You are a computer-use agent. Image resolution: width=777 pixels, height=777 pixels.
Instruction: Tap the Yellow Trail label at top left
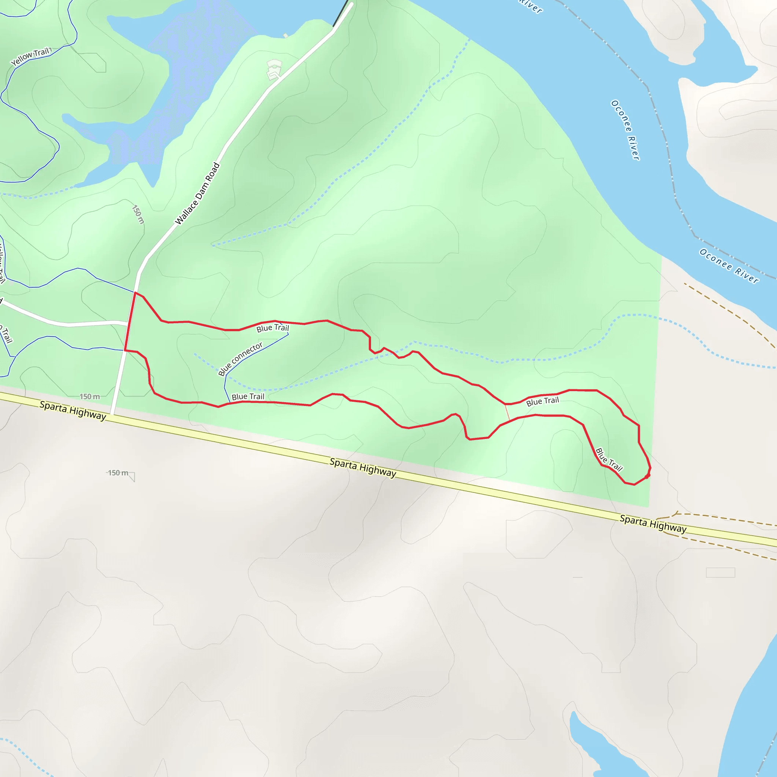(30, 57)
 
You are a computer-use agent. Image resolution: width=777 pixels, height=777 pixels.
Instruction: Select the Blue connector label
(240, 359)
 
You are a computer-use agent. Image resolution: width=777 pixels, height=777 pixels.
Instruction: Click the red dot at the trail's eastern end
(647, 476)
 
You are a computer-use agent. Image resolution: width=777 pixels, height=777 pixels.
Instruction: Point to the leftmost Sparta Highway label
(73, 411)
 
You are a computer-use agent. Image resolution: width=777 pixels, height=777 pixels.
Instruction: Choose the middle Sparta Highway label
(363, 468)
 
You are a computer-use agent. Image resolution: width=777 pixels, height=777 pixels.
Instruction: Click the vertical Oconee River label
(625, 130)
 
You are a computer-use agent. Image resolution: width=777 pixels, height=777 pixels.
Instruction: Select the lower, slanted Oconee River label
(729, 266)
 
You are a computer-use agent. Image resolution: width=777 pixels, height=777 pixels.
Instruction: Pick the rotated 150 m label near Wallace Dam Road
(138, 215)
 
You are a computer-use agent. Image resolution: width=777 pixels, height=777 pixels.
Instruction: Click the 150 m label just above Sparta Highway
(90, 396)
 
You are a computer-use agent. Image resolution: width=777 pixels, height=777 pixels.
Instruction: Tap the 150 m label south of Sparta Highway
(118, 473)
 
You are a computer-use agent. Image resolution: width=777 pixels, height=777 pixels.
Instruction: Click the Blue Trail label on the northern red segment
(273, 328)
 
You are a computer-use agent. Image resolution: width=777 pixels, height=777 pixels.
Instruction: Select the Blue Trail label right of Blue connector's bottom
(248, 397)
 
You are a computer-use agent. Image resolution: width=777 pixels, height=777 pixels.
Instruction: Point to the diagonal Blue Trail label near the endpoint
(609, 459)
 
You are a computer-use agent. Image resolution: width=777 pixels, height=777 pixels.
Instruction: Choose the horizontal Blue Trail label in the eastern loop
(543, 401)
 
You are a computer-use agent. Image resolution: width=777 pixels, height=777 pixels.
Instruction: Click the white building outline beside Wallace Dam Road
(274, 69)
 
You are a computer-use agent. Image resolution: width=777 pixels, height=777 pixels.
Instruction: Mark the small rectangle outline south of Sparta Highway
(720, 572)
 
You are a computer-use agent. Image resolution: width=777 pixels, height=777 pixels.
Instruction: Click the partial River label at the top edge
(530, 6)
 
